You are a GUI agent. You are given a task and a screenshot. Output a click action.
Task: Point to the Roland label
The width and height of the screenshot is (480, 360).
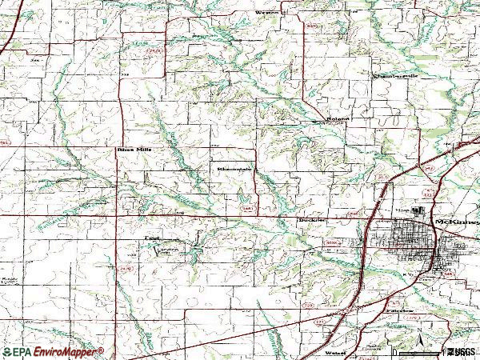336,121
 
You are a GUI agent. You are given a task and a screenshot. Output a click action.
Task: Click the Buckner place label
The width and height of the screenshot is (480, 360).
308,217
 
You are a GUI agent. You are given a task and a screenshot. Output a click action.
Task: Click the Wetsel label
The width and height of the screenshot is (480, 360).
335,350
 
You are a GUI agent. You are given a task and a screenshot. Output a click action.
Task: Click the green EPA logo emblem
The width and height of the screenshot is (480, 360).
7,352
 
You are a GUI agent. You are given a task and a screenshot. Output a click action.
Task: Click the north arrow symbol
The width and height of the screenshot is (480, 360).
419,343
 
